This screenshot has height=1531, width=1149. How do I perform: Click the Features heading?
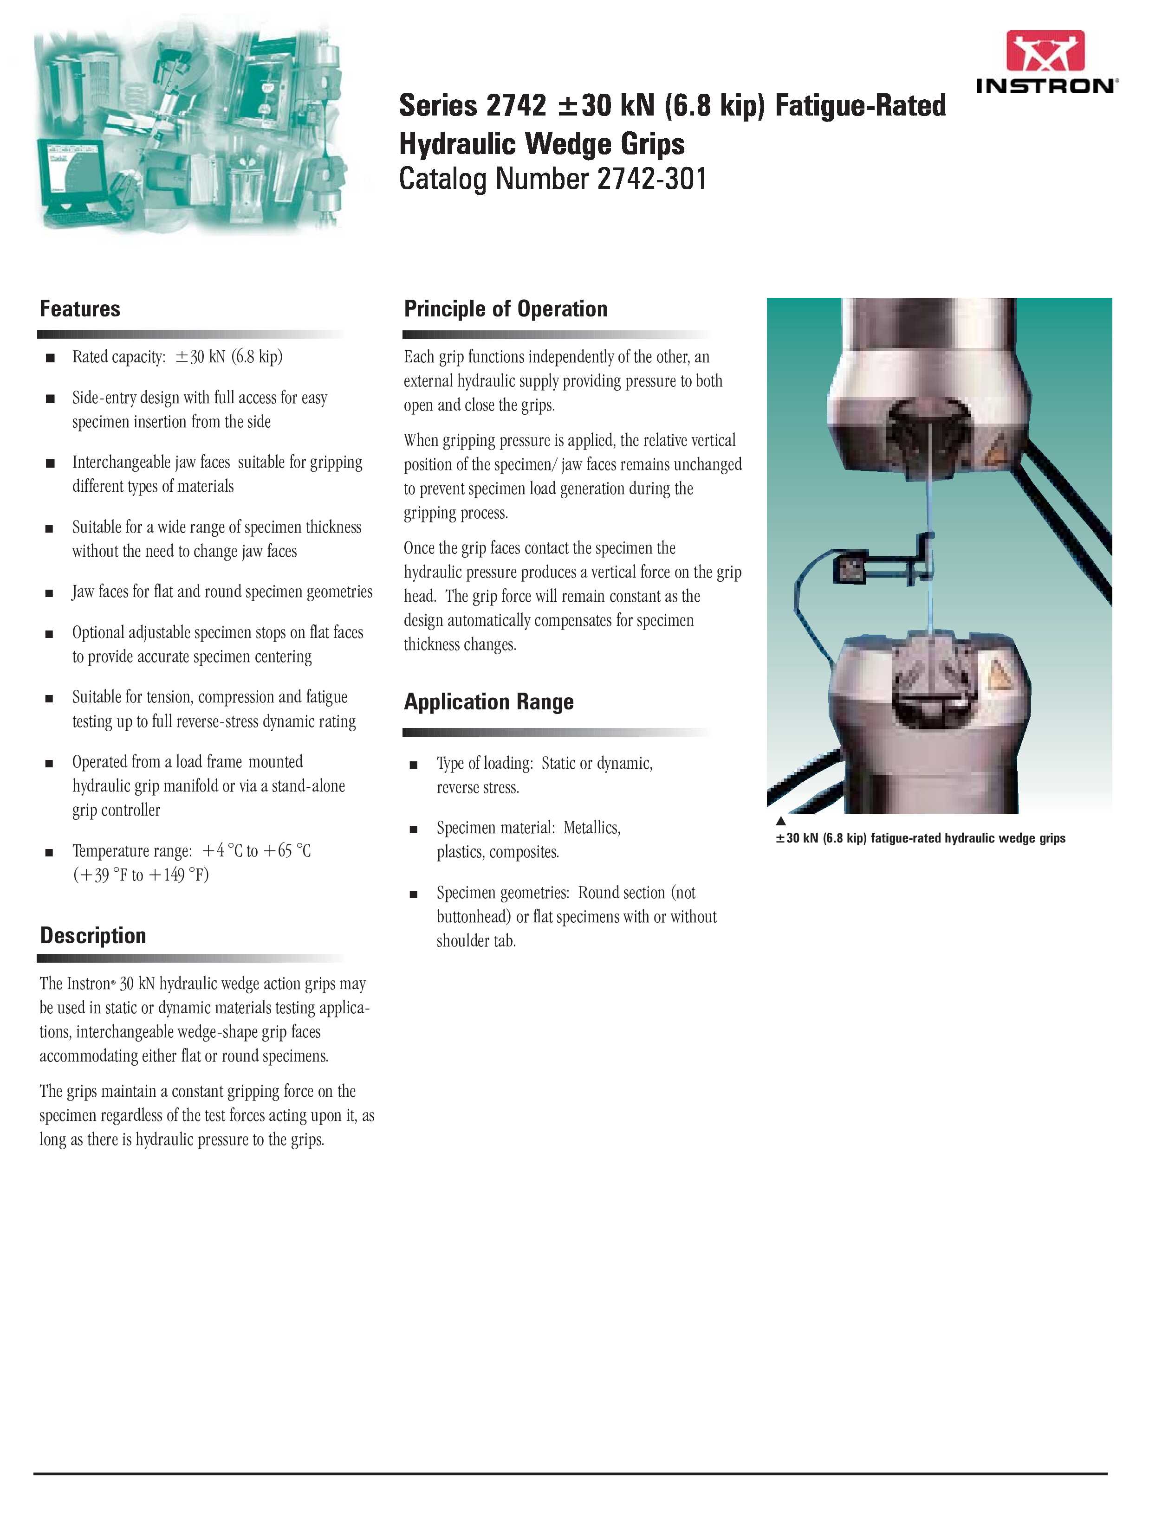coord(80,309)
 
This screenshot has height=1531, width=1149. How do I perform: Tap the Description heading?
coord(93,936)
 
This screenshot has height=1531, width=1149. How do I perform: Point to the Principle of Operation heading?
coord(505,309)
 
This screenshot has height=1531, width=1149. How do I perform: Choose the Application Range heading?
coord(488,702)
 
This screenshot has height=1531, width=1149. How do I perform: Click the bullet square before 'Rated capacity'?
coord(50,358)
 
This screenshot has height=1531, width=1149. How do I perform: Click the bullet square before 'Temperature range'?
coord(50,852)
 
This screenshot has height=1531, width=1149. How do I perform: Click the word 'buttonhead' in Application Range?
coord(474,917)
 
